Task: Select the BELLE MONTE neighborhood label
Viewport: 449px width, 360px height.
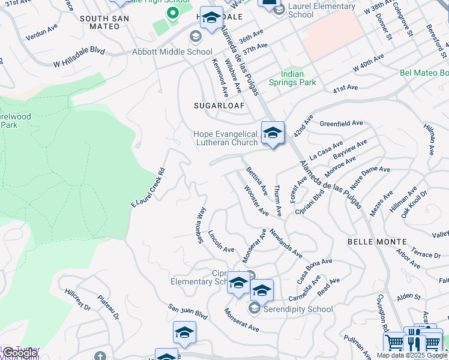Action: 377,241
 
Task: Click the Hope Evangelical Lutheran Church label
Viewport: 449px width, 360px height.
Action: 226,138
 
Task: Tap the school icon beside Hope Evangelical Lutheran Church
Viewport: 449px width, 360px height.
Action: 273,133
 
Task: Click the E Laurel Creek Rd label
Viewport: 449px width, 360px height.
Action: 148,188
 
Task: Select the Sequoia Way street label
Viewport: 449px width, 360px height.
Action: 201,226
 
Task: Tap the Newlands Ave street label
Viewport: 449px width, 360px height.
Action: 286,243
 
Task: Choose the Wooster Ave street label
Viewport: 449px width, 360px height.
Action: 256,200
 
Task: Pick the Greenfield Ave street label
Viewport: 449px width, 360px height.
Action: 342,123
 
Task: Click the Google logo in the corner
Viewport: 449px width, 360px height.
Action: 20,353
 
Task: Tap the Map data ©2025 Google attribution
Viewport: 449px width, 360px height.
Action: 412,355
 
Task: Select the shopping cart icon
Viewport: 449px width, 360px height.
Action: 394,343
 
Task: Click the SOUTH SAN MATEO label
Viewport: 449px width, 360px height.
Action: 104,19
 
